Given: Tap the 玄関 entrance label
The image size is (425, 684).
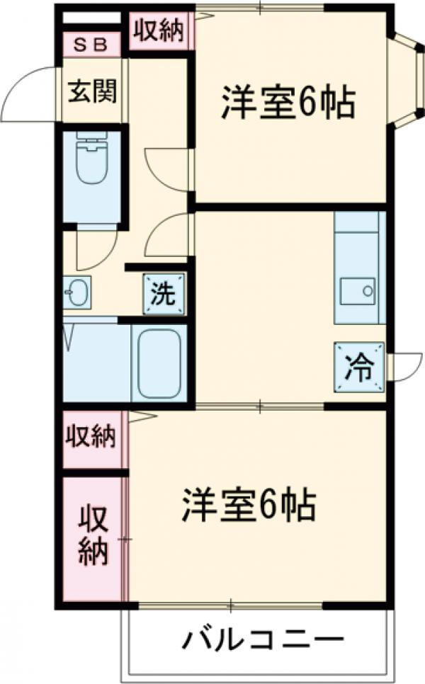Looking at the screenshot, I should click(92, 91).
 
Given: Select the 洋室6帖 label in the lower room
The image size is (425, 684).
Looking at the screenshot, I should click(249, 505).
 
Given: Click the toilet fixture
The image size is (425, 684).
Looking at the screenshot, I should click(90, 160).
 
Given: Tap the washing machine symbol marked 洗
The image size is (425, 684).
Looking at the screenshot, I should click(164, 294).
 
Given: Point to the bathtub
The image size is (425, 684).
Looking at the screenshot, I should click(159, 363).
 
